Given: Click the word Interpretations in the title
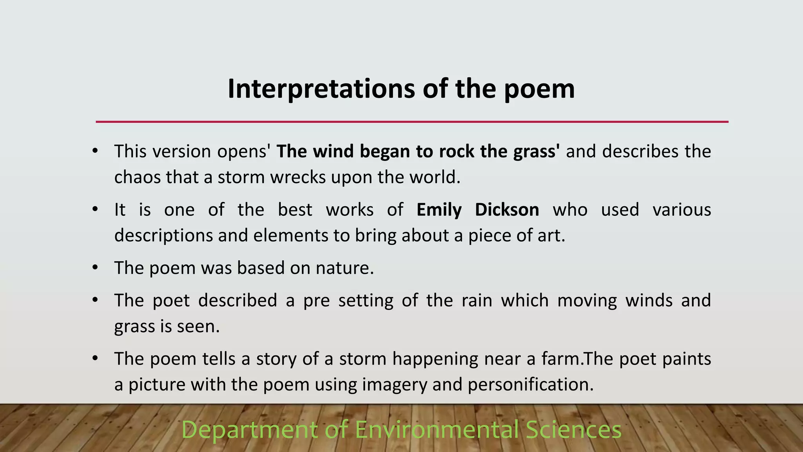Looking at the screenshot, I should (321, 89).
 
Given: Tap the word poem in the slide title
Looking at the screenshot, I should (539, 89).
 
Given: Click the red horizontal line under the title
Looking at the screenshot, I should (412, 122).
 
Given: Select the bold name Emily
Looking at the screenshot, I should (439, 210).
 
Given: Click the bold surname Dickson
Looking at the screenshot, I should (507, 210).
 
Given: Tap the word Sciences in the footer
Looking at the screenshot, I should (574, 430).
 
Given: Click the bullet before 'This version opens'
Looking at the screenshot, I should (95, 151).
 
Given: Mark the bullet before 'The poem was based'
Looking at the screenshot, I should (95, 268).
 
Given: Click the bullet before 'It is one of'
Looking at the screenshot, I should (95, 210).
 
